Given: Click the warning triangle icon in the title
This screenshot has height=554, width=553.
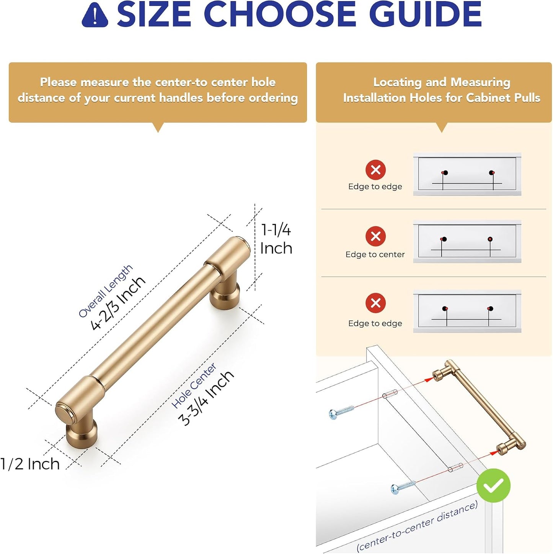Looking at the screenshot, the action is coord(95,15).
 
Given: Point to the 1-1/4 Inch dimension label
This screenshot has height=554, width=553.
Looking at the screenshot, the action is coord(276,239).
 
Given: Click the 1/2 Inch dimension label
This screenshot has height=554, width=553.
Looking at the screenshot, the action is coord(30,464).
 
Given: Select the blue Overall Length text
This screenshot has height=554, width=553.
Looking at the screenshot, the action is coord(105,291).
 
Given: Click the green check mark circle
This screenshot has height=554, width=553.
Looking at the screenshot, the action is coord(493,485).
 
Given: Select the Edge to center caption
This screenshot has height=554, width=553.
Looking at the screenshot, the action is coord(375,254).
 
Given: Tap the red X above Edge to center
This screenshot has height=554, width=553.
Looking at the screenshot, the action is coord(375,236).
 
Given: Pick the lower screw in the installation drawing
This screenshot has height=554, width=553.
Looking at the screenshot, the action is coord(403,487).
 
